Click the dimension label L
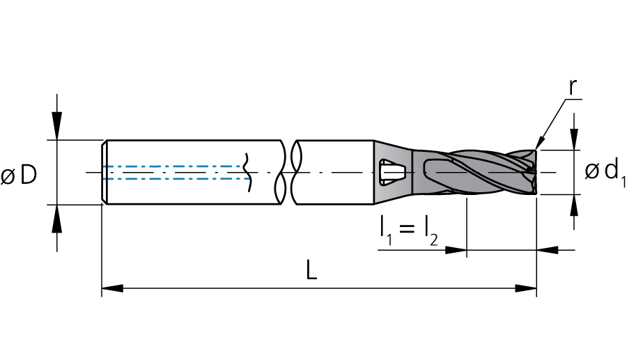click(311, 270)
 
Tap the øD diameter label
click(19, 175)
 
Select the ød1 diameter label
click(605, 172)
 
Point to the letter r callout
click(573, 87)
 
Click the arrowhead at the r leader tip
click(539, 143)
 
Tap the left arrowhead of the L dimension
click(112, 288)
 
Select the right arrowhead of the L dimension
click(526, 288)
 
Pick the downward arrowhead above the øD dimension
click(57, 129)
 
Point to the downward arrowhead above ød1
click(574, 139)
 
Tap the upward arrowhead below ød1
click(574, 205)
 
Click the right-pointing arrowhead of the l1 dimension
click(456, 250)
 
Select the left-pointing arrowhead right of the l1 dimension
click(547, 250)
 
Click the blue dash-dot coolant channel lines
click(176, 173)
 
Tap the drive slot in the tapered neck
click(392, 172)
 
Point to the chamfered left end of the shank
click(104, 172)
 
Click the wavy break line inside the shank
click(247, 172)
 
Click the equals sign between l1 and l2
click(406, 228)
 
